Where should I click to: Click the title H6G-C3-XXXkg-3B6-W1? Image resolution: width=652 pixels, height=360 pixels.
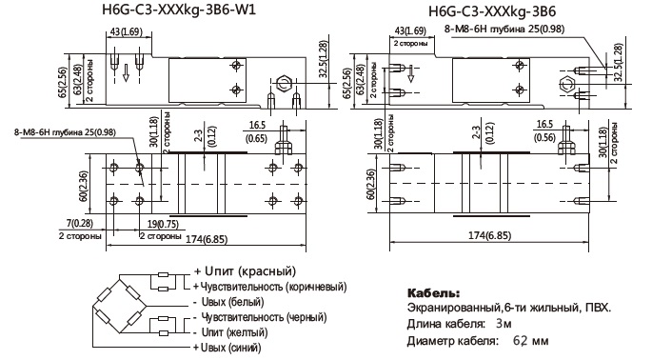pos(179,10)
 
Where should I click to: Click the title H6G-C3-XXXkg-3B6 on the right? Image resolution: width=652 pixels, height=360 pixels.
pos(492,11)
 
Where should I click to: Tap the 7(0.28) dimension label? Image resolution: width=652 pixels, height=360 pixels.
pos(80,224)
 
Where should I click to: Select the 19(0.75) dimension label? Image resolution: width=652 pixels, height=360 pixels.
pos(163,225)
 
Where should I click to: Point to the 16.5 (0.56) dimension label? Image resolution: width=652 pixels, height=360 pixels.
pos(544,131)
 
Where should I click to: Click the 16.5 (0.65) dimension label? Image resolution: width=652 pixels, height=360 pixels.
pos(256,132)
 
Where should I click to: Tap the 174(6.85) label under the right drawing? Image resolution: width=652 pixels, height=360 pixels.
pos(490,235)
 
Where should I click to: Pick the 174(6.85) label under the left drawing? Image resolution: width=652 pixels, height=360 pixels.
pos(207,239)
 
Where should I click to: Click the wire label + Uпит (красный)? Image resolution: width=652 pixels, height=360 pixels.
pos(245,271)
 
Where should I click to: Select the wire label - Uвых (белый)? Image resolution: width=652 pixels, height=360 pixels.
pos(228,302)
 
